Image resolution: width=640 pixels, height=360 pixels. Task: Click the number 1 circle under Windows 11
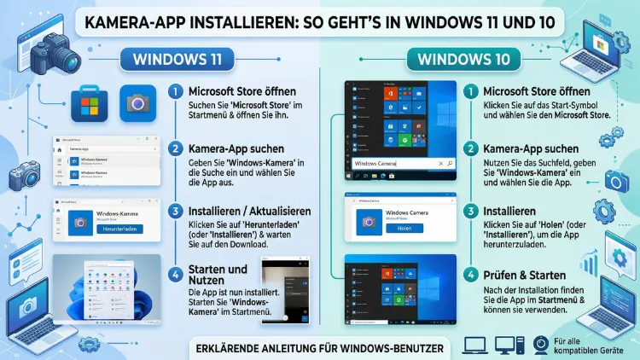coord(175,91)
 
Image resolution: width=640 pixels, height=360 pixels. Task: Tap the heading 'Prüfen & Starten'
coord(525,276)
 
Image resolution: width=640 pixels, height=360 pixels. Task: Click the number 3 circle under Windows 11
coord(175,211)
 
